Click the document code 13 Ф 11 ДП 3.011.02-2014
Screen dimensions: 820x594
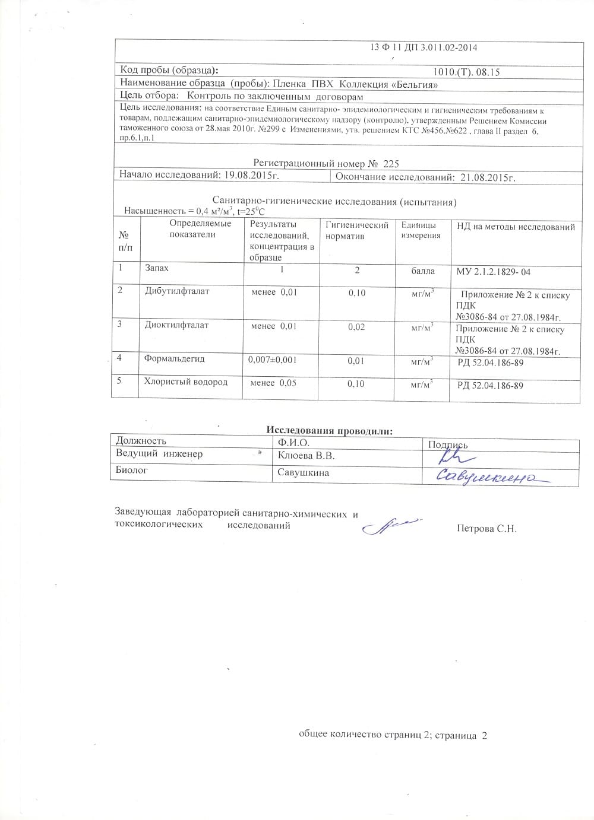[x=424, y=47]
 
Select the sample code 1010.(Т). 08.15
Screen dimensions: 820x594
[x=467, y=72]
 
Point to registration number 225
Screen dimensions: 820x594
[x=391, y=163]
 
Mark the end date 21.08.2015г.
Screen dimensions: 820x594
[x=485, y=177]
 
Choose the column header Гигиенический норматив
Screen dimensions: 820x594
[x=357, y=230]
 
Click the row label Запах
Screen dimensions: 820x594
[x=157, y=268]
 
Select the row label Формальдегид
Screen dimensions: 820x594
[x=174, y=358]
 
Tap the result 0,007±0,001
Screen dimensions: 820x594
[x=273, y=360]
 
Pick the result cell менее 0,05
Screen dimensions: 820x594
[x=273, y=383]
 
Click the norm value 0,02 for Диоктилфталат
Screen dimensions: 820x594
[x=356, y=327]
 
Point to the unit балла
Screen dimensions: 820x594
[x=423, y=271]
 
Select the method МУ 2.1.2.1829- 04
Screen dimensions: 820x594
[x=493, y=272]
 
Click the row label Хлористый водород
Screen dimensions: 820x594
[x=186, y=382]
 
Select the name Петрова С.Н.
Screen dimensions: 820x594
[x=486, y=528]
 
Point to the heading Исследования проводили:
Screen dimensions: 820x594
[x=329, y=431]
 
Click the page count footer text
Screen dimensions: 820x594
[x=393, y=735]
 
